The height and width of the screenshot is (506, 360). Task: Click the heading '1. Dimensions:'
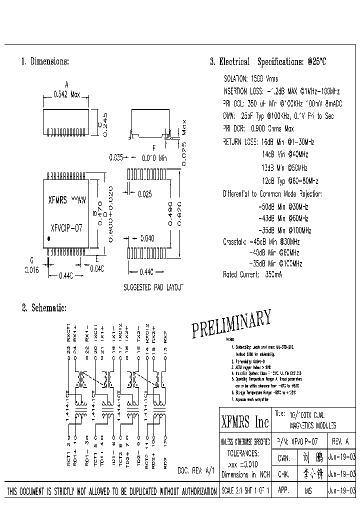[x=45, y=61]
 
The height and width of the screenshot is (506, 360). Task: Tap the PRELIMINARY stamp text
[x=231, y=324]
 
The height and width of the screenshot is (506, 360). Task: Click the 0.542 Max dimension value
[x=66, y=94]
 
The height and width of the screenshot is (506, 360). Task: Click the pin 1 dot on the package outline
[x=48, y=239]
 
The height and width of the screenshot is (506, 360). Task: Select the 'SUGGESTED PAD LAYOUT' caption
[x=153, y=287]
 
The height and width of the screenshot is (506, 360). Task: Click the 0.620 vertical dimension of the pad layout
[x=179, y=215]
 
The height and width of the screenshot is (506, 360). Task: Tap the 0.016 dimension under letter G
[x=32, y=268]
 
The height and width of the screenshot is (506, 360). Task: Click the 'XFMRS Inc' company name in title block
[x=245, y=422]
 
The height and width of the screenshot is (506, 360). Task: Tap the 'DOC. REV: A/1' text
[x=196, y=471]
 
